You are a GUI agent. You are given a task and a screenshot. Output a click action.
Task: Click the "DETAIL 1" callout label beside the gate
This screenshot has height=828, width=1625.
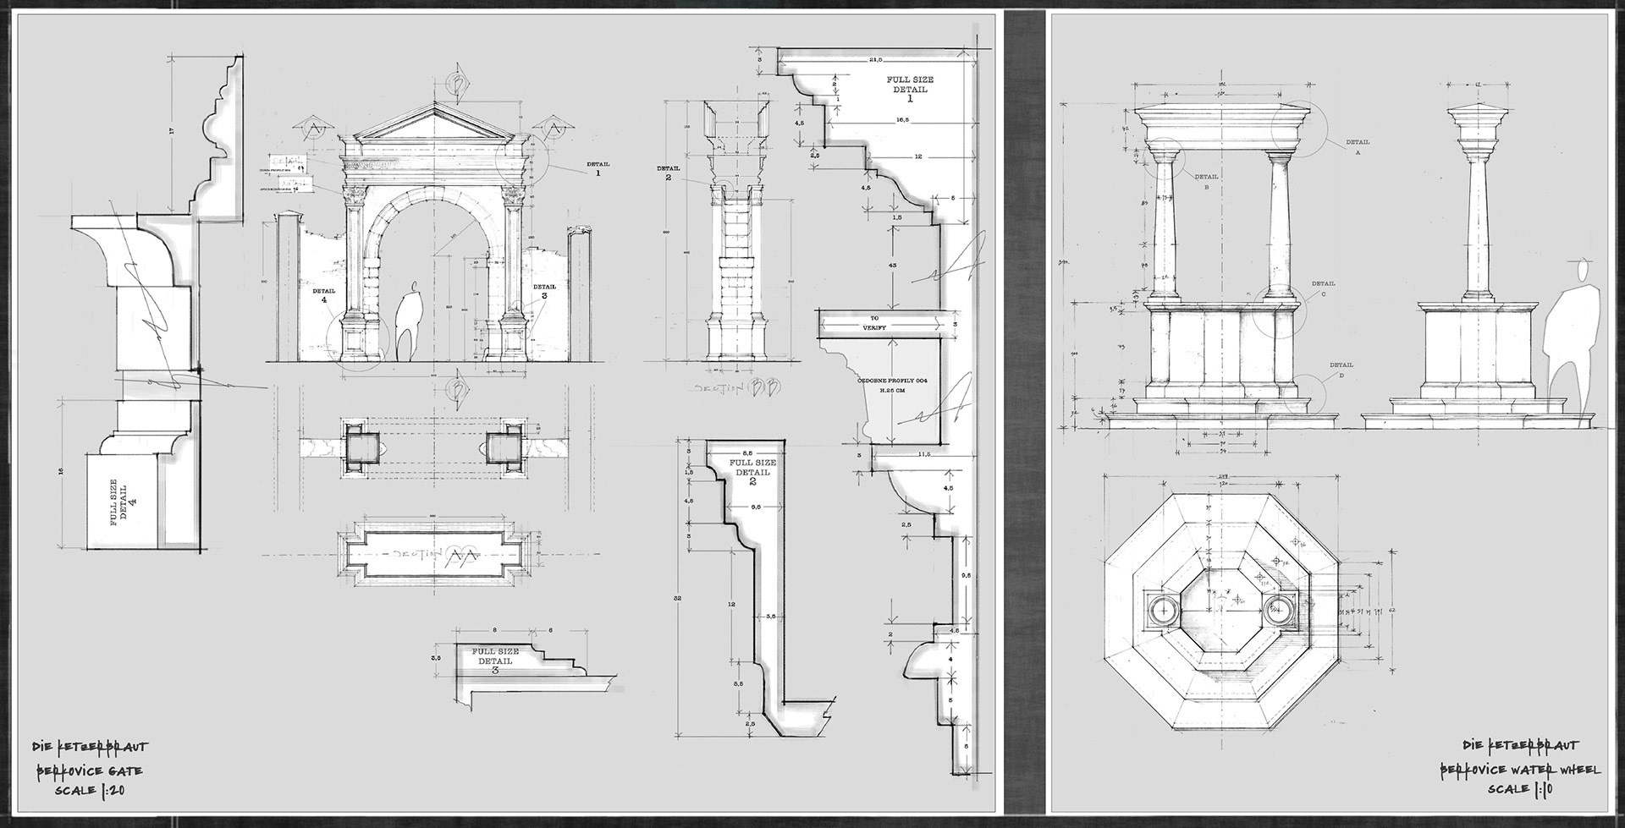(597, 167)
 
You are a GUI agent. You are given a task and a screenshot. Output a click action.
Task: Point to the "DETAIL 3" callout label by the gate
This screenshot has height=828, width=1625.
(544, 291)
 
